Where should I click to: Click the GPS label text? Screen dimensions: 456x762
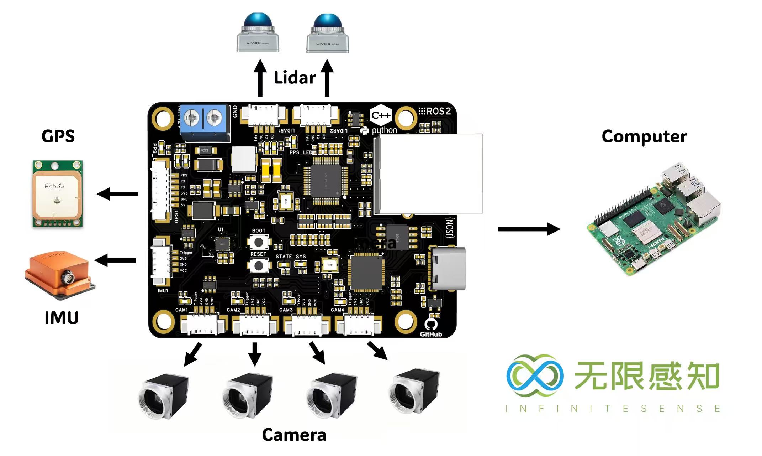point(58,136)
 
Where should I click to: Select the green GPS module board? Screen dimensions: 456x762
point(58,193)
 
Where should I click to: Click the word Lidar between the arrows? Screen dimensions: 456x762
point(295,78)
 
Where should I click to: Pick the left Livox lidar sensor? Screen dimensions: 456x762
point(258,34)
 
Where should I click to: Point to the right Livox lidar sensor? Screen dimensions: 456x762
point(328,34)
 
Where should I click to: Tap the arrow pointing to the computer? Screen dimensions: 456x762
point(529,229)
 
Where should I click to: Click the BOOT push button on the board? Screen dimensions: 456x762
point(259,242)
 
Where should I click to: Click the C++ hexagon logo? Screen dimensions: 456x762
point(381,115)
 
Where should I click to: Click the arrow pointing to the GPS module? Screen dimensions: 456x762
point(118,194)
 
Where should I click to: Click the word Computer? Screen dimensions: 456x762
point(644,137)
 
